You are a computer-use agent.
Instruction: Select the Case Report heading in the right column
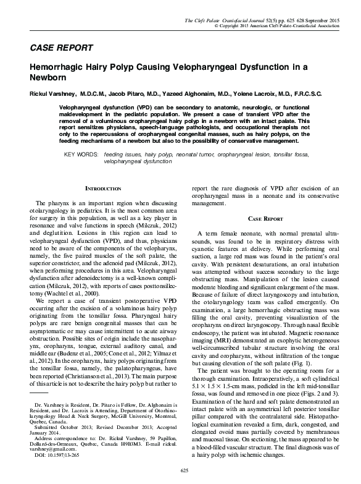coord(265,219)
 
